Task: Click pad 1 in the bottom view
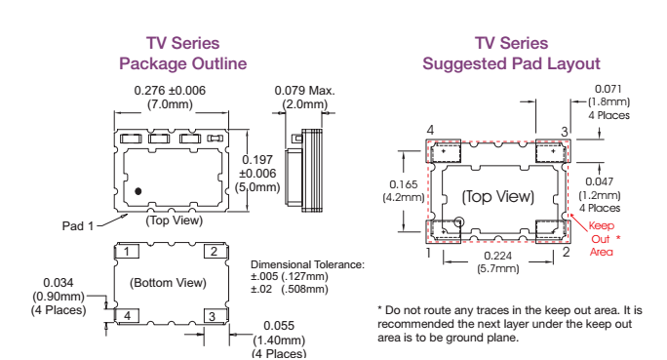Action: click(x=126, y=252)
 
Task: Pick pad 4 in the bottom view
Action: click(x=126, y=316)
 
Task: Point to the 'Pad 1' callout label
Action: click(x=78, y=226)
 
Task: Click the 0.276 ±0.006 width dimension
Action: click(x=169, y=90)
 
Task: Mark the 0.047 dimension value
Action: click(x=600, y=182)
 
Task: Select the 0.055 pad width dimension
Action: click(x=279, y=328)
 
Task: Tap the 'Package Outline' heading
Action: click(x=182, y=64)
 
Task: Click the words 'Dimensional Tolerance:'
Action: click(x=307, y=264)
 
